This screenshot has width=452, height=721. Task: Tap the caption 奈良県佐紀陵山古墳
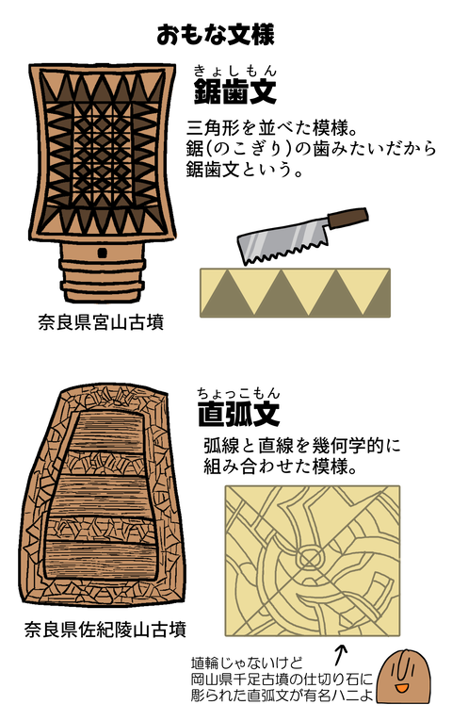(105, 628)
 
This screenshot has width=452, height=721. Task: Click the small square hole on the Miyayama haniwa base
(101, 254)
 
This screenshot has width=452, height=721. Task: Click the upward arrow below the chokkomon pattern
(340, 651)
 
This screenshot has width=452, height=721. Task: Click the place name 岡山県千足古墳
(246, 678)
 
